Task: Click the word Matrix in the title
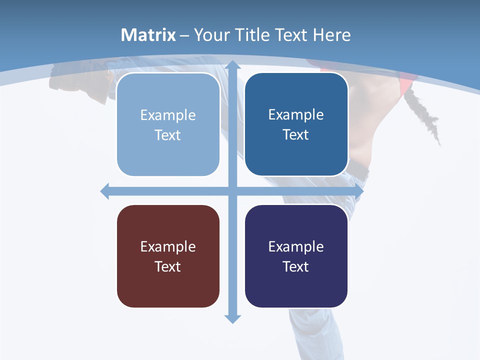point(148,35)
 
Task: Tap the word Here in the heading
point(331,35)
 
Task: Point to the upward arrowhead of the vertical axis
point(232,65)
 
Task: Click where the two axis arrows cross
point(232,191)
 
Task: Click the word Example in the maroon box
point(168,246)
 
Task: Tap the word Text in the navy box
point(296,266)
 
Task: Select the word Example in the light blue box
point(168,115)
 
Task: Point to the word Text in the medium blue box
point(296,134)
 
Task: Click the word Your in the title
point(209,35)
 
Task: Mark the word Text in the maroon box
point(168,266)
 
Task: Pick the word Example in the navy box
point(296,246)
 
